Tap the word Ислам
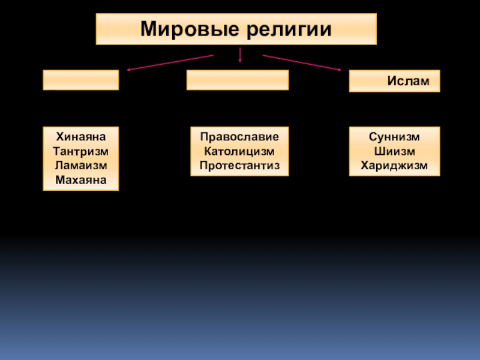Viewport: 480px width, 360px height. [x=408, y=81]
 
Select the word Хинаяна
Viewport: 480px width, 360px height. [x=80, y=136]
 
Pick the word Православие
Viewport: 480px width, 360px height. [x=239, y=136]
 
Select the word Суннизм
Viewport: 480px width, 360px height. [x=394, y=136]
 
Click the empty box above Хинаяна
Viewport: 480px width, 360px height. [x=80, y=80]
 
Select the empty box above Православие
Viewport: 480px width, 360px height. [x=237, y=80]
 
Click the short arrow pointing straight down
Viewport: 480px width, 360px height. [x=240, y=55]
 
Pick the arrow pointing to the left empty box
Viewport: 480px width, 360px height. [x=171, y=62]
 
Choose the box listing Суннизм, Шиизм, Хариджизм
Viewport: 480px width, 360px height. [x=394, y=151]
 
